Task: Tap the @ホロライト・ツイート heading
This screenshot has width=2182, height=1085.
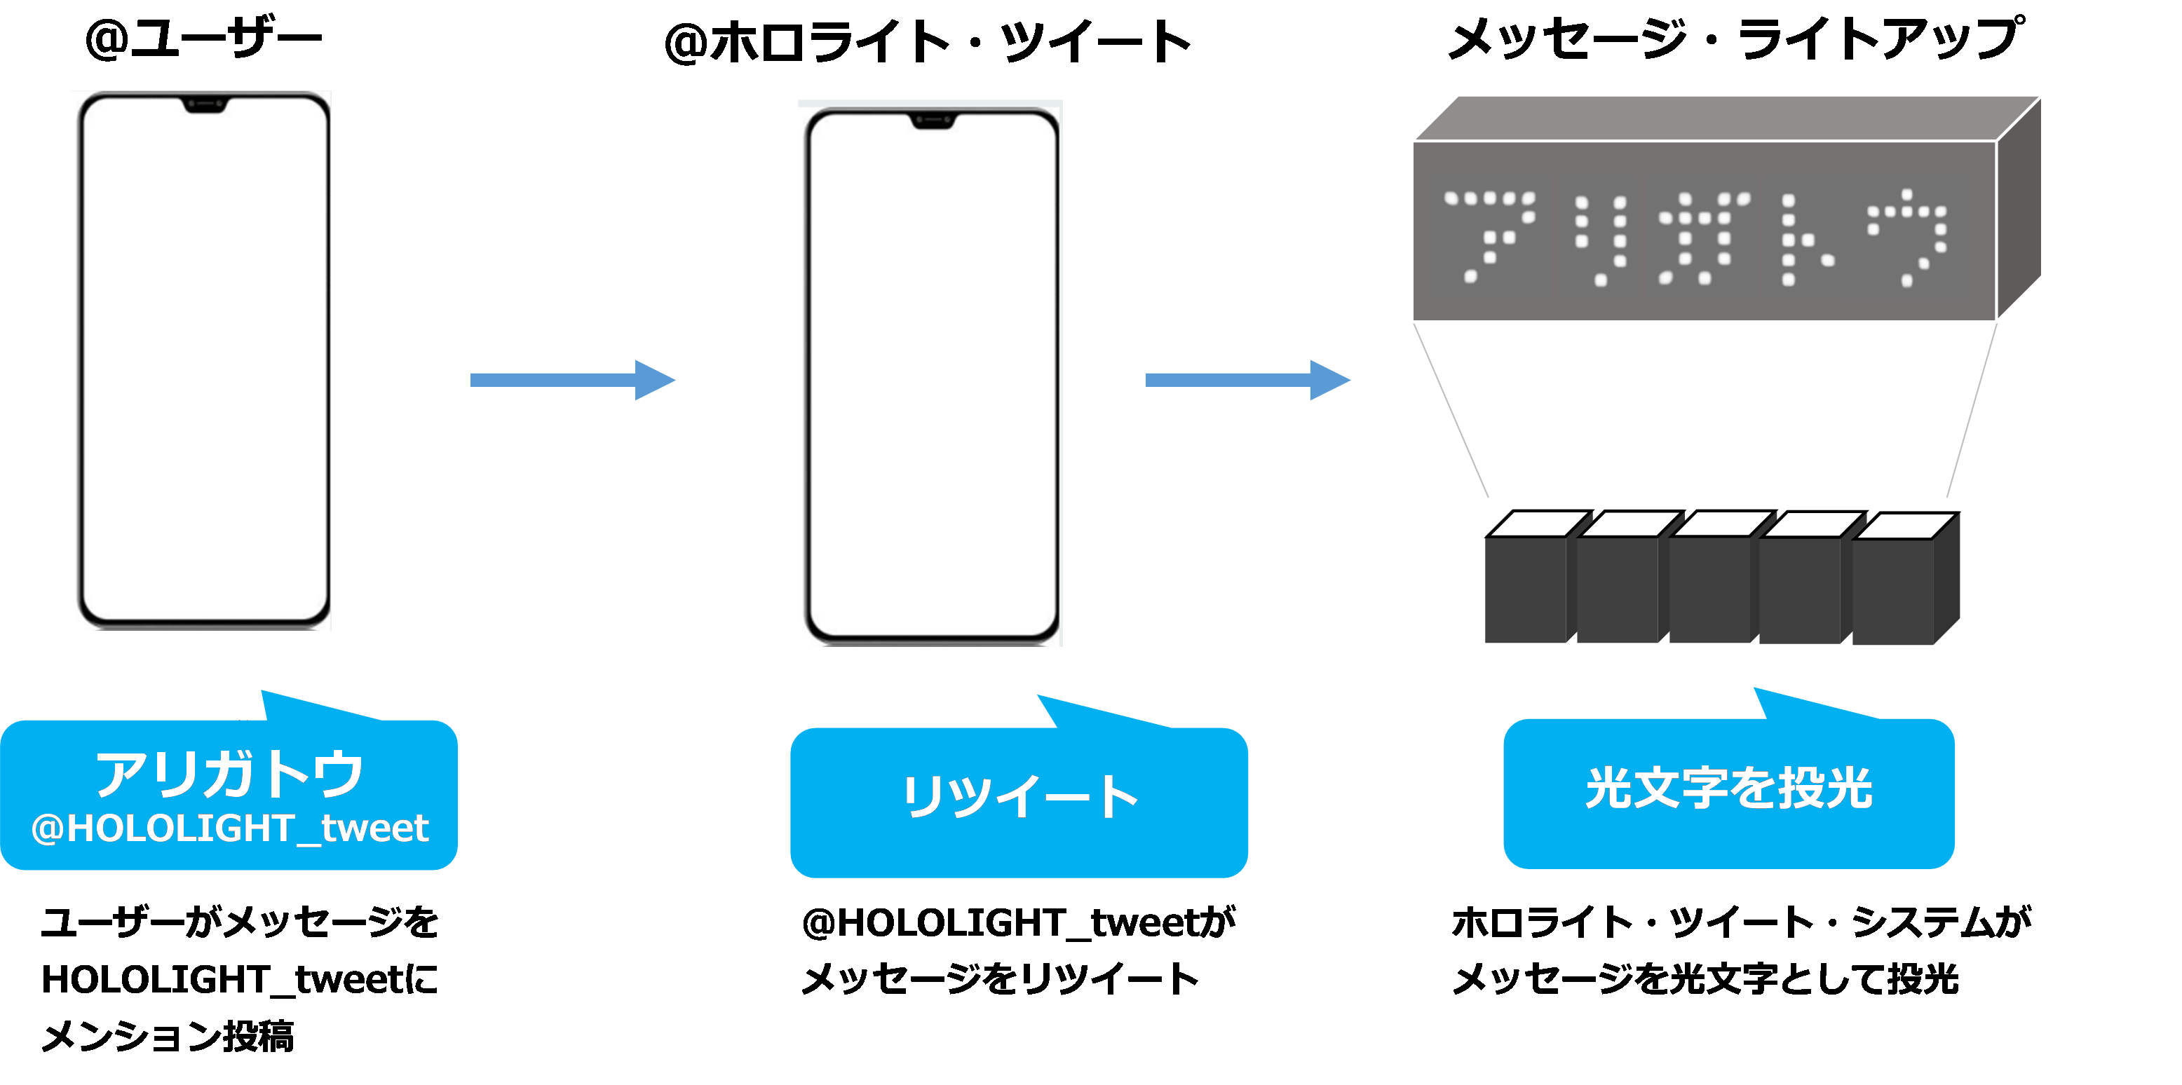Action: (x=928, y=42)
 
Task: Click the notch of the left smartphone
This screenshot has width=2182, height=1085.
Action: (x=204, y=105)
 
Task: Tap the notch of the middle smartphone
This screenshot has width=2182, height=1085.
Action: (x=932, y=121)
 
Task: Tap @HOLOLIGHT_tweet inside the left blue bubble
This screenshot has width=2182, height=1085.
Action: (x=229, y=828)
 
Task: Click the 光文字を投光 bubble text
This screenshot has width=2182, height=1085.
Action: (x=1728, y=789)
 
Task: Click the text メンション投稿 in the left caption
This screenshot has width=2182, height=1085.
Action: (x=168, y=1036)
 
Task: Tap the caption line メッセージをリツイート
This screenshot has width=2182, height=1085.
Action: (x=1000, y=979)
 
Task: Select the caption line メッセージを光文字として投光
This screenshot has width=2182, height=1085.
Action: (x=1705, y=979)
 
